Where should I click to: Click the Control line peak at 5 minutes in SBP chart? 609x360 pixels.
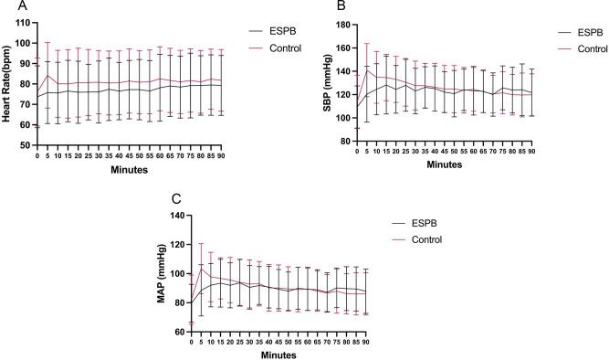coord(367,70)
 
